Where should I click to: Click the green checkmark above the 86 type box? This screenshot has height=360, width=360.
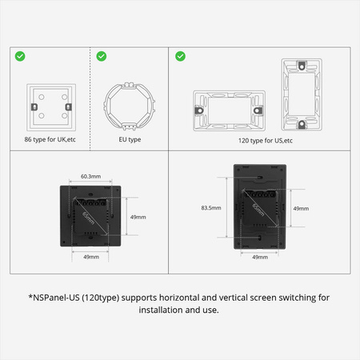20,56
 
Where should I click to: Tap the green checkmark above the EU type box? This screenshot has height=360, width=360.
102,56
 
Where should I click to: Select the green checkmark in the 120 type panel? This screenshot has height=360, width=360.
180,56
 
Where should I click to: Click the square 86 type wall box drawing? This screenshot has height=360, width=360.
50,107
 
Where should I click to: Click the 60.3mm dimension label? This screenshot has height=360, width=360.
90,176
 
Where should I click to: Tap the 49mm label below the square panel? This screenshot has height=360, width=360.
90,257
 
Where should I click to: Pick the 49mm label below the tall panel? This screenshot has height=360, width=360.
259,258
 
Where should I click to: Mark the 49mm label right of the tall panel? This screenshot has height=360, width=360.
301,208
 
